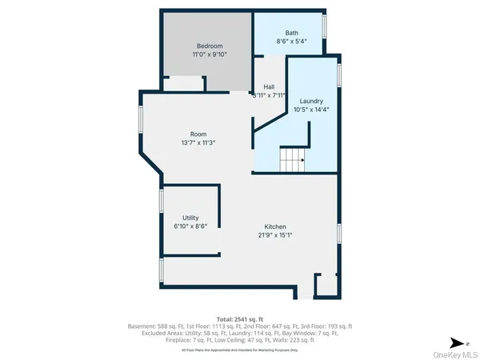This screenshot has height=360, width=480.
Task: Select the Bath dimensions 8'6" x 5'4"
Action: [291, 41]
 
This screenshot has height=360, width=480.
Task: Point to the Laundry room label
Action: [310, 101]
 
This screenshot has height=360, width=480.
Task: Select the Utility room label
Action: [190, 218]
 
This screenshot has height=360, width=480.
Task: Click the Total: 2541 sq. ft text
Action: [240, 319]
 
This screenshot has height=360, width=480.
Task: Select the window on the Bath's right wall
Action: [325, 26]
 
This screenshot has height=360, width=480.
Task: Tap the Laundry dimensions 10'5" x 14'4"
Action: [310, 110]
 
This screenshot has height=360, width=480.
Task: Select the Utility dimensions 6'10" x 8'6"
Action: [190, 226]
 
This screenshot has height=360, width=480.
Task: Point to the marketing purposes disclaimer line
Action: [240, 350]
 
